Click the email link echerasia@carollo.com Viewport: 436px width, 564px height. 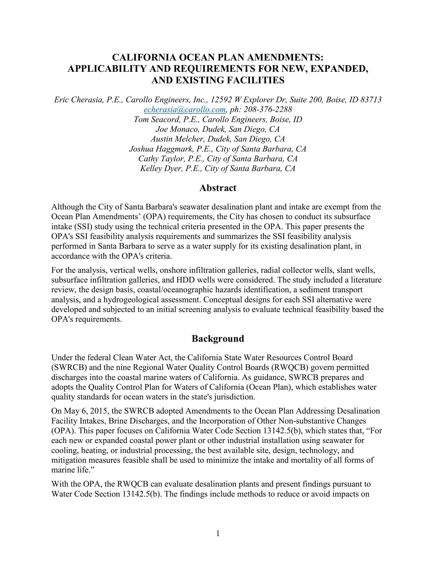(185, 110)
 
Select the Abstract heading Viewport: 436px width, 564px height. (218, 188)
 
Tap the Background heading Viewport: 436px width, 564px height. (218, 339)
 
